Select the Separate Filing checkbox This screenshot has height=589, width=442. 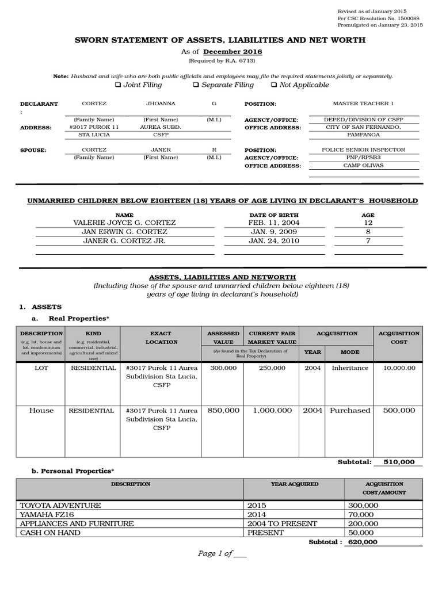pyautogui.click(x=196, y=85)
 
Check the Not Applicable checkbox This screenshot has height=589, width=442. pyautogui.click(x=273, y=85)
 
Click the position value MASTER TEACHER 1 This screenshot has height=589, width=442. pyautogui.click(x=364, y=104)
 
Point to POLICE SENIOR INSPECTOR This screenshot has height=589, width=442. pyautogui.click(x=364, y=150)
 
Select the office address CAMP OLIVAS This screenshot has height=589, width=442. pyautogui.click(x=364, y=166)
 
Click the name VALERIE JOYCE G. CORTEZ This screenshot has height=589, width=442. pyautogui.click(x=125, y=223)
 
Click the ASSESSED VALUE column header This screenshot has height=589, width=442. pyautogui.click(x=223, y=338)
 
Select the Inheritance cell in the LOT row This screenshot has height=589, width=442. pyautogui.click(x=350, y=368)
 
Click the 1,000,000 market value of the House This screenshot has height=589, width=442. pyautogui.click(x=271, y=411)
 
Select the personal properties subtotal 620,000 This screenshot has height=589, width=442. pyautogui.click(x=361, y=542)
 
